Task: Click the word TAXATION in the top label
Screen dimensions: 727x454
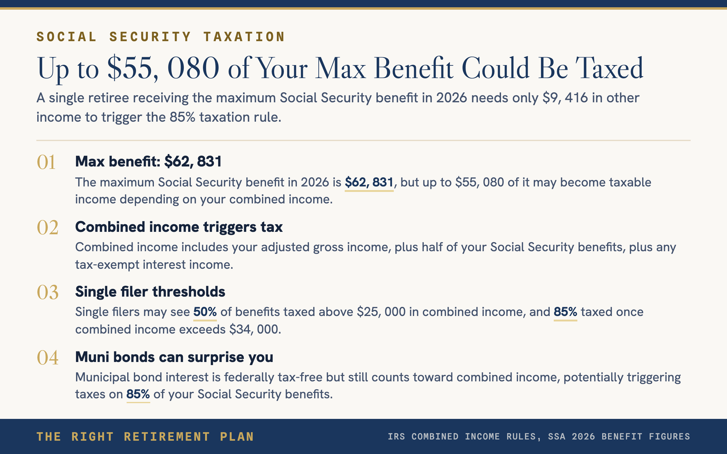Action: [244, 37]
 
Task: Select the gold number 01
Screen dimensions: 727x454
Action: [46, 162]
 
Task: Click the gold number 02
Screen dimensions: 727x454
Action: [48, 228]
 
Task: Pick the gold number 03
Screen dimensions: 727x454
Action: [48, 292]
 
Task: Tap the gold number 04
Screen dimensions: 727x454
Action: [48, 358]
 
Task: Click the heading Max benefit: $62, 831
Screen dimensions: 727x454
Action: [148, 161]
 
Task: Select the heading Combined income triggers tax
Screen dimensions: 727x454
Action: [179, 227]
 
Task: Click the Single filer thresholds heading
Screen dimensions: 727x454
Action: [150, 292]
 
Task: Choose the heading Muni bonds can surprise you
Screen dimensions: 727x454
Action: [174, 357]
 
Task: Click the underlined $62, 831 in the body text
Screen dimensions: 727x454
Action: [369, 183]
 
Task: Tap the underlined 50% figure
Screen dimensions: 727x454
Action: [205, 312]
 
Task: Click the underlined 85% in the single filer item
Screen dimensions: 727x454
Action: [565, 312]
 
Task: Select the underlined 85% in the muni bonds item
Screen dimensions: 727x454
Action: [138, 394]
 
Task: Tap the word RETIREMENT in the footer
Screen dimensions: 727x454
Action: [167, 437]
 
